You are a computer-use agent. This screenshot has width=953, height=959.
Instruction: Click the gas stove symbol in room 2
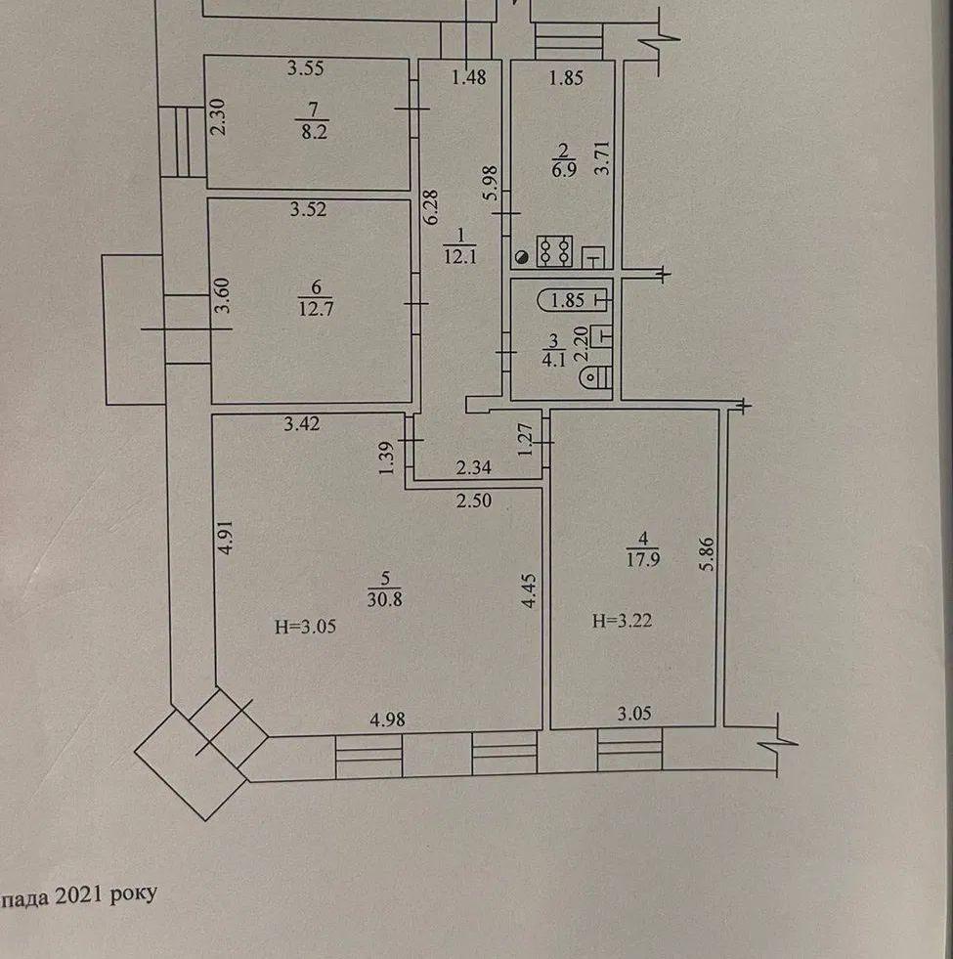[x=554, y=251]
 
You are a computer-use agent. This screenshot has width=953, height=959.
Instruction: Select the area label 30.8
[x=385, y=599]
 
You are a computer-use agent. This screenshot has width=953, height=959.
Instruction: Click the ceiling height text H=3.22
[x=622, y=622]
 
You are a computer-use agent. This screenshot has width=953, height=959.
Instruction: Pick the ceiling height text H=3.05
[x=305, y=627]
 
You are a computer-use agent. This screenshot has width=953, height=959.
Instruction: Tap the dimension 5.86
[x=707, y=553]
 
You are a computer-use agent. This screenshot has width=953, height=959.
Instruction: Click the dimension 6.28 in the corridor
[x=432, y=207]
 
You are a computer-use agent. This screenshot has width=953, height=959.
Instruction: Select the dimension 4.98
[x=387, y=719]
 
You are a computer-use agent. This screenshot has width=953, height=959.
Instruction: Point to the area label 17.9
[x=642, y=559]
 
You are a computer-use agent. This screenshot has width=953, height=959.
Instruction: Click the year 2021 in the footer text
[x=78, y=896]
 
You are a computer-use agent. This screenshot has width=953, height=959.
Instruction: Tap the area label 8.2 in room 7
[x=315, y=132]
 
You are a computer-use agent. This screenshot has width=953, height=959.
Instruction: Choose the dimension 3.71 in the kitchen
[x=603, y=158]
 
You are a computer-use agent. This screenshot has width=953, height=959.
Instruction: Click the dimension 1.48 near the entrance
[x=469, y=77]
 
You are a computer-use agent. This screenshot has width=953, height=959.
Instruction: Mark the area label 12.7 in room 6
[x=316, y=308]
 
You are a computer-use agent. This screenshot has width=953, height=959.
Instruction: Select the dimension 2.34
[x=473, y=468]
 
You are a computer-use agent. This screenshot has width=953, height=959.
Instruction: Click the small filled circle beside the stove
[x=522, y=258]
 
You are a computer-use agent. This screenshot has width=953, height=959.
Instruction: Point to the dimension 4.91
[x=227, y=538]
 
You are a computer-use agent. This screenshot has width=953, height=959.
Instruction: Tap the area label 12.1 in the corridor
[x=460, y=257]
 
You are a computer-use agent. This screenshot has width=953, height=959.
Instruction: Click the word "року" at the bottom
[x=133, y=894]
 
